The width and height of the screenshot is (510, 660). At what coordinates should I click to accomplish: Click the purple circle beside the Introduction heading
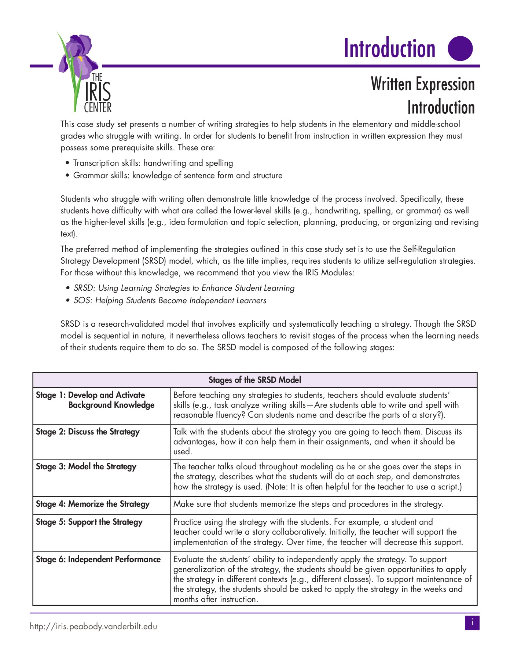[461, 48]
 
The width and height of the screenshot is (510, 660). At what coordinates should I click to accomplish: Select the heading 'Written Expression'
[422, 84]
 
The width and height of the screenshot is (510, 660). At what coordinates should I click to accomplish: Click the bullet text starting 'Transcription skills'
[153, 163]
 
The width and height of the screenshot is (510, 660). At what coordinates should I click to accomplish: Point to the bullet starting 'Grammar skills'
[178, 176]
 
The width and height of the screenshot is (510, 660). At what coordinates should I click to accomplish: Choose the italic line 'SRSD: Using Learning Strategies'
[184, 288]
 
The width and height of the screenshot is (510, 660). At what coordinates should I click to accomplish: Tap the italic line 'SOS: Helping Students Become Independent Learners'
[170, 301]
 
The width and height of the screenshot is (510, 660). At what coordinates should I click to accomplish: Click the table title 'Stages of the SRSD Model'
[255, 380]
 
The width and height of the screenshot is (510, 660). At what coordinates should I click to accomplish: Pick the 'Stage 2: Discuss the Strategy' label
[88, 432]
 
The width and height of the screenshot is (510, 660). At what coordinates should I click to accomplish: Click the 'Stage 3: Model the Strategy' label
[86, 467]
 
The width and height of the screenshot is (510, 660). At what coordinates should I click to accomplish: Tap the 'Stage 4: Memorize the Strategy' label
[93, 504]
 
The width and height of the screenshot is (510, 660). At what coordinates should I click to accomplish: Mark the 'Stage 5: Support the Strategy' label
[89, 522]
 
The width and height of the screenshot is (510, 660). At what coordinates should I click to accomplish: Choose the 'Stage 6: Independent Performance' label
[98, 560]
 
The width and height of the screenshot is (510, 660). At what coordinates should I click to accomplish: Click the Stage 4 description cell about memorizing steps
[308, 504]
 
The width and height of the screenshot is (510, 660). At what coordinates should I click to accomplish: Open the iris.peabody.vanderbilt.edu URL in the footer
[93, 627]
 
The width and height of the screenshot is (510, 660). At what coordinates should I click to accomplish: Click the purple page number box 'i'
[472, 623]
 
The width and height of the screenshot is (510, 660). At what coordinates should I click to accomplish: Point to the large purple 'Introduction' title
[389, 48]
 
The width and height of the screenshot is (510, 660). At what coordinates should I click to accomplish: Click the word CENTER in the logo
[98, 108]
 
